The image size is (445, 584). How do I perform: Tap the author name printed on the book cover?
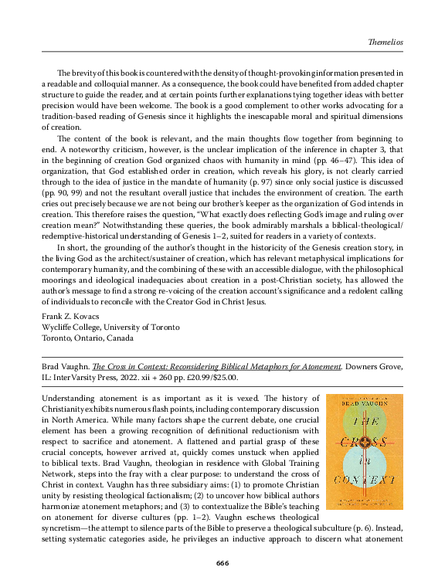[364, 404]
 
